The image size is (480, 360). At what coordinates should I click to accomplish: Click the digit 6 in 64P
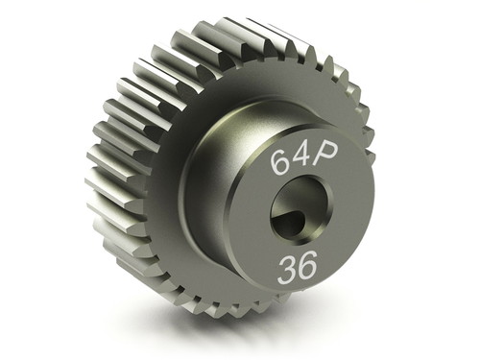coord(279,162)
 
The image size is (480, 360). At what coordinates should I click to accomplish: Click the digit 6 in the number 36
coord(307,264)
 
